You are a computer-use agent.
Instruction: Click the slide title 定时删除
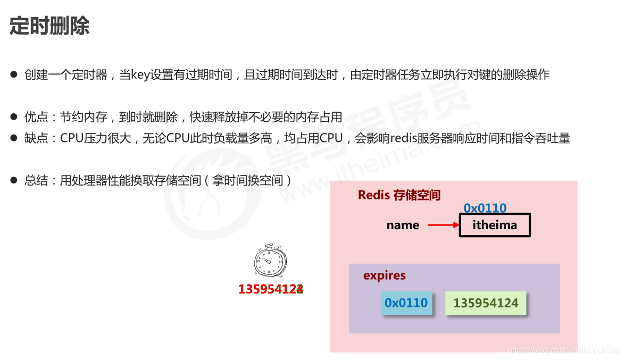pyautogui.click(x=49, y=25)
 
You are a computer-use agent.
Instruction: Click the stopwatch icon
pyautogui.click(x=270, y=261)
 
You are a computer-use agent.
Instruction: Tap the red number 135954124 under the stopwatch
pyautogui.click(x=271, y=289)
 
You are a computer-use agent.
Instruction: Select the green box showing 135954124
pyautogui.click(x=486, y=303)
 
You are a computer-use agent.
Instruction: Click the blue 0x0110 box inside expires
pyautogui.click(x=406, y=303)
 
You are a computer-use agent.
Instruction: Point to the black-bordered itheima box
pyautogui.click(x=495, y=225)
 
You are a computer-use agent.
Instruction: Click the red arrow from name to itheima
pyautogui.click(x=444, y=225)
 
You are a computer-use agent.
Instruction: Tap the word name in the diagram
pyautogui.click(x=403, y=225)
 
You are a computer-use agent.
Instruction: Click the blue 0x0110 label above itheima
pyautogui.click(x=485, y=208)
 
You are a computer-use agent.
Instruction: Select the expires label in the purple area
pyautogui.click(x=384, y=275)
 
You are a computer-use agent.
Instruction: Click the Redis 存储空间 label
pyautogui.click(x=399, y=195)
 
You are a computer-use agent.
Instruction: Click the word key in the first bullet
pyautogui.click(x=140, y=74)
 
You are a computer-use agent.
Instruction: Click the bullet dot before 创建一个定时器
pyautogui.click(x=14, y=74)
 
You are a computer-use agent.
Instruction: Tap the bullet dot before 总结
pyautogui.click(x=14, y=180)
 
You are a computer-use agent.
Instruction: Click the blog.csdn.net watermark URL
pyautogui.click(x=564, y=350)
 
